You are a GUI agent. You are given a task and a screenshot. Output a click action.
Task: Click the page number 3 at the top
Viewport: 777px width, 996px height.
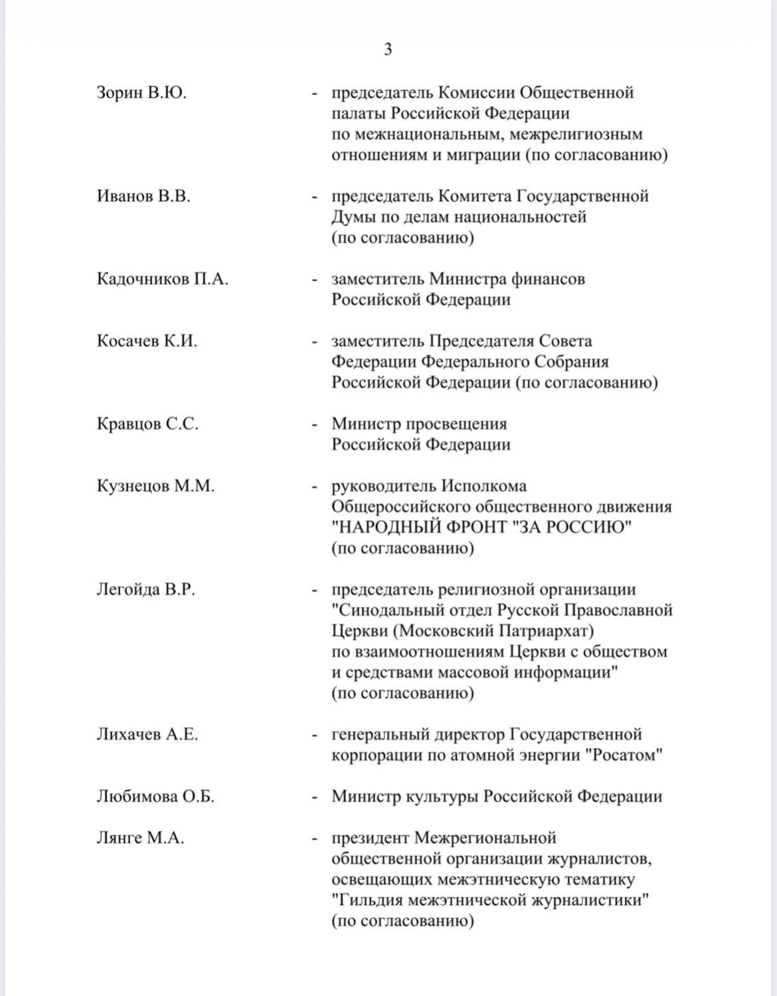click(388, 49)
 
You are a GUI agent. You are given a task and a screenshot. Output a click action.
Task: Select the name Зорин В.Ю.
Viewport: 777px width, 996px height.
click(141, 92)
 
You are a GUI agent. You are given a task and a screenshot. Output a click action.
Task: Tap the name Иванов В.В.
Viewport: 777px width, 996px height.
click(143, 197)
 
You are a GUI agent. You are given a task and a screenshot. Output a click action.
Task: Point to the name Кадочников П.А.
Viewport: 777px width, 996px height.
click(162, 279)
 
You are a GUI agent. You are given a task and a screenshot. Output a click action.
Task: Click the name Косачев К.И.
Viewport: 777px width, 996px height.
click(147, 341)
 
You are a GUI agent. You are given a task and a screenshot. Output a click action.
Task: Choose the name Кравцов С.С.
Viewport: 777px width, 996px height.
click(147, 424)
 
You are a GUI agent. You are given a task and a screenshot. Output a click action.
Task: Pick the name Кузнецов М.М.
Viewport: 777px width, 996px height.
click(155, 486)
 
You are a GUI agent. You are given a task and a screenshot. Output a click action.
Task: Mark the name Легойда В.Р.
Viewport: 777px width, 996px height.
click(146, 590)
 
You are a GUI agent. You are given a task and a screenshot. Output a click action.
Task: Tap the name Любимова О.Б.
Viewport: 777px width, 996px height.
click(155, 797)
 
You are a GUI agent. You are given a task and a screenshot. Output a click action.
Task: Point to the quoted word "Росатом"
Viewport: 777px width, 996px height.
click(625, 756)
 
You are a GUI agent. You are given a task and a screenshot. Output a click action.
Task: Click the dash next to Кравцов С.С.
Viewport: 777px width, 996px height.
click(315, 424)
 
